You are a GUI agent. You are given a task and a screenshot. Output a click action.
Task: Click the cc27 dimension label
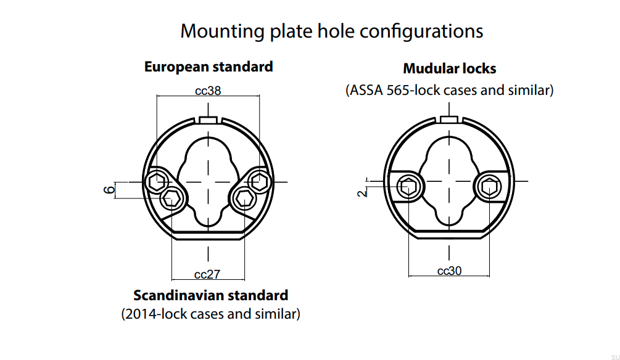tap(207, 274)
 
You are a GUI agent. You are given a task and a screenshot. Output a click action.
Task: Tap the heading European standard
tap(209, 67)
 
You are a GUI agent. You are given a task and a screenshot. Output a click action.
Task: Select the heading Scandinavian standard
tap(210, 295)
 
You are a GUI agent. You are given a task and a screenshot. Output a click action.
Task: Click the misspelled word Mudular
tap(426, 68)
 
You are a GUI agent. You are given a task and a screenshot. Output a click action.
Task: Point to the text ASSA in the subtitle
tap(367, 90)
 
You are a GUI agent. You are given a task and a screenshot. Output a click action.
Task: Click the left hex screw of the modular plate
tap(408, 185)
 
